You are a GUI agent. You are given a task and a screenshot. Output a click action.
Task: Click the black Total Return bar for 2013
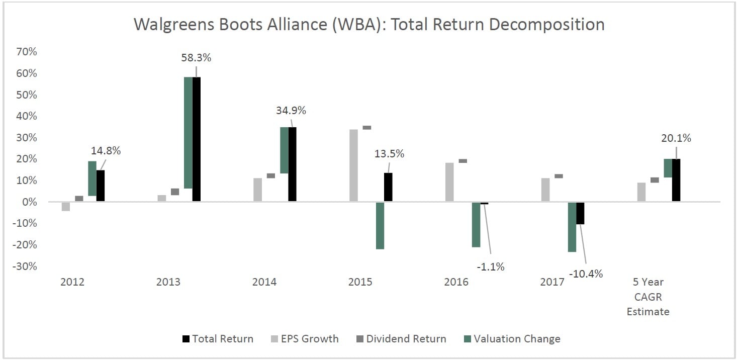pos(196,139)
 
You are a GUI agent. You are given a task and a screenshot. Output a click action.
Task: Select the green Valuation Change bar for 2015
pos(380,225)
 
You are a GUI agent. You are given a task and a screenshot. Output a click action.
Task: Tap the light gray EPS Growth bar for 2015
pos(353,165)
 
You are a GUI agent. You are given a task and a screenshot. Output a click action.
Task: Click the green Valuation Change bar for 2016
pos(476,224)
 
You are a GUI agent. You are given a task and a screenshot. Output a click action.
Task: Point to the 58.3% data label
pos(196,57)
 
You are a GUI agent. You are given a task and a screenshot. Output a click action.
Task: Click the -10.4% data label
pos(586,274)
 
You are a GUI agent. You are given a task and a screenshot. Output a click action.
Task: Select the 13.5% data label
pos(389,153)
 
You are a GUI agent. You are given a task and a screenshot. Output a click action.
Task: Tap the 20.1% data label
pos(676,138)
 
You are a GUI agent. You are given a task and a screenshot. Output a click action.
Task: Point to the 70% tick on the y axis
pos(26,52)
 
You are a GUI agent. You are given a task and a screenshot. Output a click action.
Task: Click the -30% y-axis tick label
pos(25,266)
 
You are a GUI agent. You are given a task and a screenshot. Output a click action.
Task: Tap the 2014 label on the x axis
pos(264,282)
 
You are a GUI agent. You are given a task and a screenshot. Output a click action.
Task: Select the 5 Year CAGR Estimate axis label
pos(648,297)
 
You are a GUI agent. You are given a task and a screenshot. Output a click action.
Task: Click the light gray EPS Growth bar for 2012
pos(66,206)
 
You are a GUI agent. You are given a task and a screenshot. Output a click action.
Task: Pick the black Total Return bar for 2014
pos(292,164)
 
